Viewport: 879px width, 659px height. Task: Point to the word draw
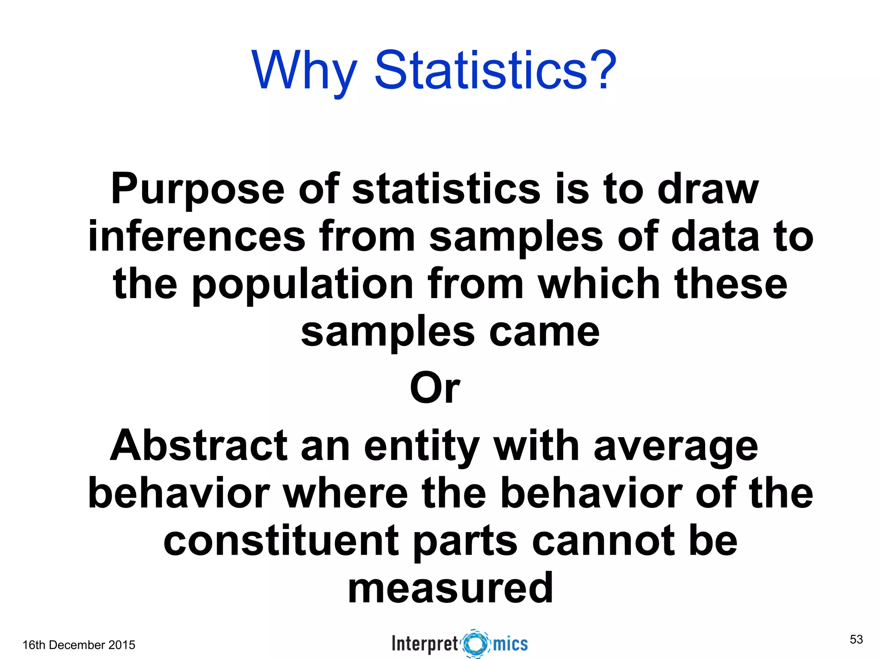pos(708,189)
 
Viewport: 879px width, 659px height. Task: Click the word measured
pos(450,588)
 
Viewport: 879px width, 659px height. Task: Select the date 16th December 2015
pos(79,645)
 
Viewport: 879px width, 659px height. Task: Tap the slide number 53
pos(856,639)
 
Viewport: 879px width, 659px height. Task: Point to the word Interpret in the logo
pos(425,644)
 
